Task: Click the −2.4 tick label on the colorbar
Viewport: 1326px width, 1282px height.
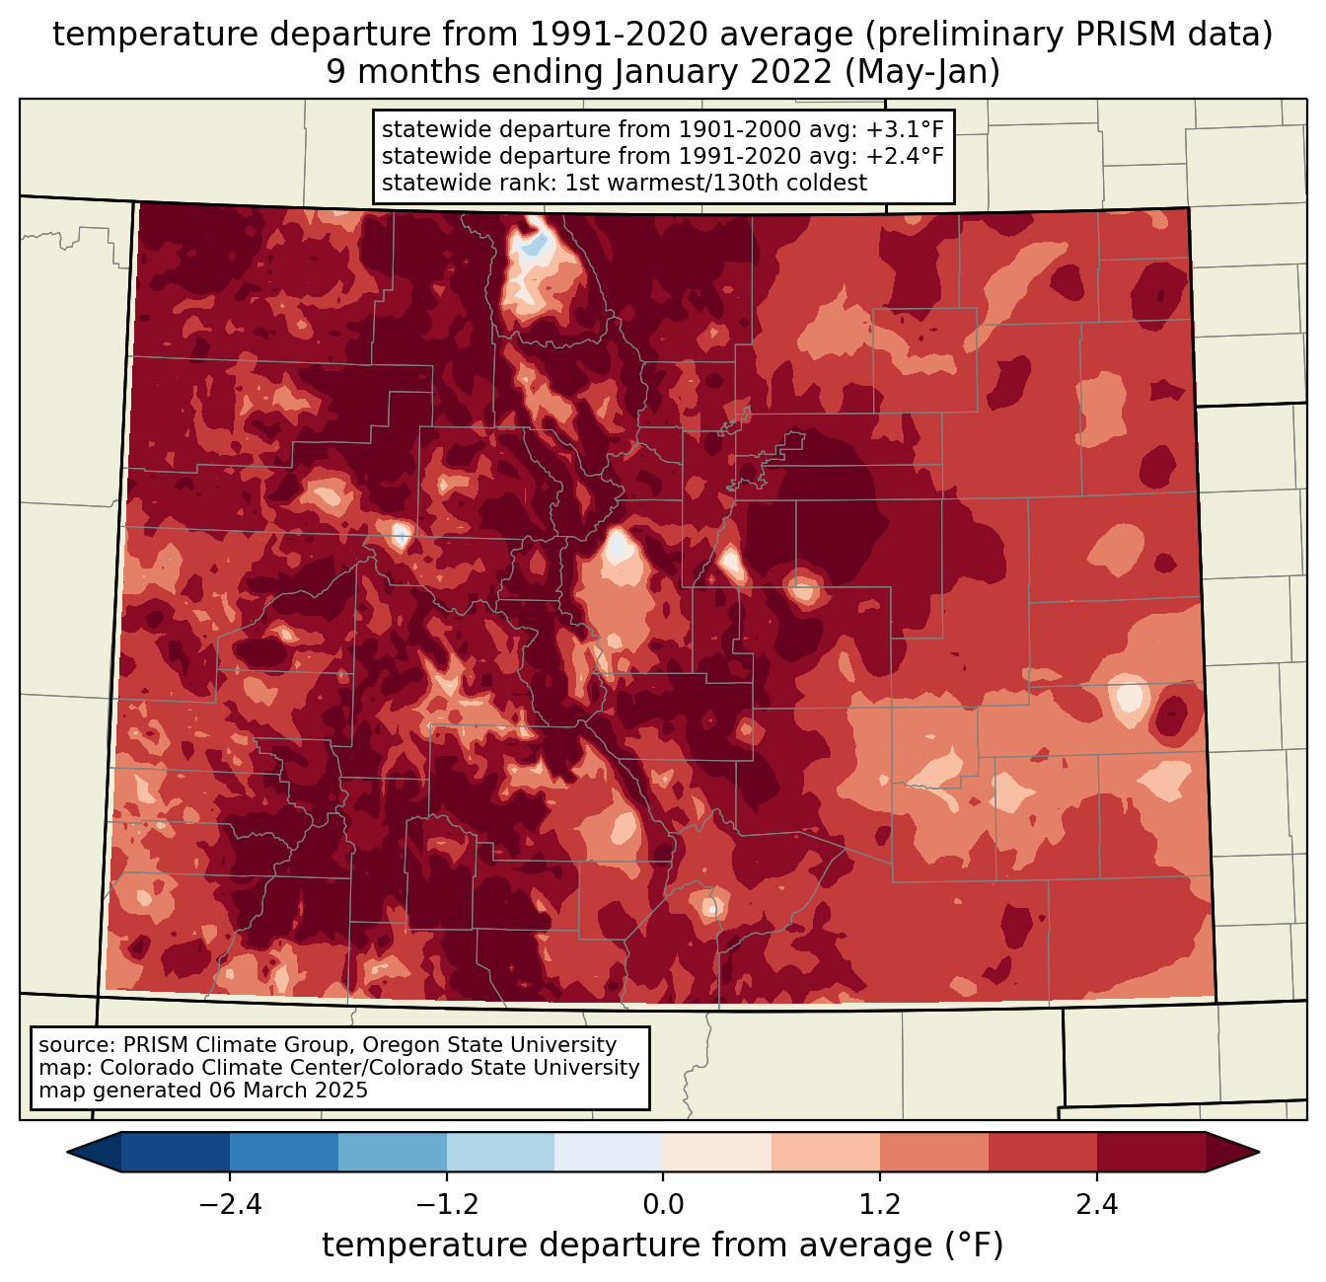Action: pos(229,1205)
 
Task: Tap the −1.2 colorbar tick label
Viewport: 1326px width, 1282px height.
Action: pos(446,1205)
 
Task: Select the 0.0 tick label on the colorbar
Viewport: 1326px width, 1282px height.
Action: pos(663,1205)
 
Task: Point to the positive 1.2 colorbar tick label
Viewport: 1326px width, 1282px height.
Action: pos(880,1205)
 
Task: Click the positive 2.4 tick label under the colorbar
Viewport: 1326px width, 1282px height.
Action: pos(1097,1205)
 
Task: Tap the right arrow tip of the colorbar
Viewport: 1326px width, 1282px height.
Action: pos(1256,1152)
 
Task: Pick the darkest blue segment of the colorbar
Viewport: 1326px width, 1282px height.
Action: pos(175,1152)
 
